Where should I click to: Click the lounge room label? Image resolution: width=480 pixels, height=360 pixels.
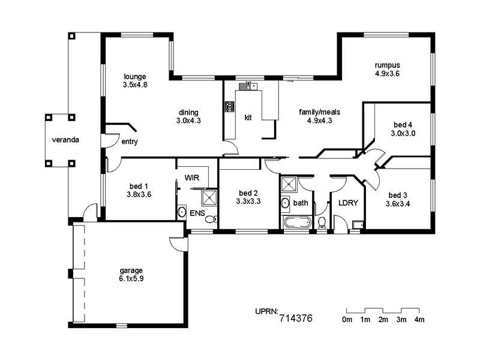tap(134, 77)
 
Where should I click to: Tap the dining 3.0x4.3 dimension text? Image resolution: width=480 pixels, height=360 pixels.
tap(188, 121)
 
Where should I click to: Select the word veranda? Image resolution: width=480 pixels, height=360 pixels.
tap(65, 140)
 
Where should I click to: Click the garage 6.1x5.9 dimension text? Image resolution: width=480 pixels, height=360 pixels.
tap(131, 278)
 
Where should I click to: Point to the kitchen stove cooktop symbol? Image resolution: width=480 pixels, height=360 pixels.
tap(230, 107)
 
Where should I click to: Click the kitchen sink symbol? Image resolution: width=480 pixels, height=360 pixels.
tap(248, 86)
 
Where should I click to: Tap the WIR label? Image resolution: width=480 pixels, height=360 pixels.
tap(192, 178)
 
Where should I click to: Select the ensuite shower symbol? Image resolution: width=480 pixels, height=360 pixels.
tap(209, 198)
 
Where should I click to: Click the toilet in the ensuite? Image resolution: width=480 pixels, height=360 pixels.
tap(211, 219)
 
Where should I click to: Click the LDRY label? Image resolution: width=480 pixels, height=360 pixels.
tap(348, 203)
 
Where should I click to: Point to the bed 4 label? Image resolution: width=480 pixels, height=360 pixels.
tap(403, 125)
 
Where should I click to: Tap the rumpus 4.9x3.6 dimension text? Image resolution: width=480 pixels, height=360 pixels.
tap(387, 73)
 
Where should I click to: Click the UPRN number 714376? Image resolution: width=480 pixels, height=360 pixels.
tap(296, 319)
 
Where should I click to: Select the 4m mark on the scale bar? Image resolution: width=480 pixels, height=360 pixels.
tap(419, 320)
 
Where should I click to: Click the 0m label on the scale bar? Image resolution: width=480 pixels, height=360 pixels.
tap(347, 320)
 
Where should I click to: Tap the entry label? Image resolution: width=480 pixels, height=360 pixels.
tap(130, 142)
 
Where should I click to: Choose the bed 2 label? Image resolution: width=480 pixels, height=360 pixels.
tap(248, 193)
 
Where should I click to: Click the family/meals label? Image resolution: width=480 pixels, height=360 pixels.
tap(320, 112)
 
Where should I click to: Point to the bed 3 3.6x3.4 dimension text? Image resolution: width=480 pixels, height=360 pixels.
tap(398, 203)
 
